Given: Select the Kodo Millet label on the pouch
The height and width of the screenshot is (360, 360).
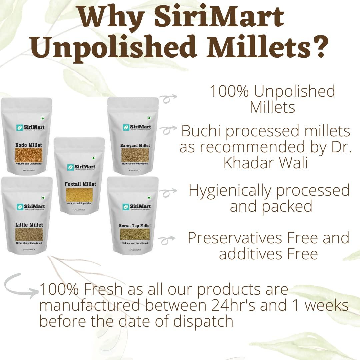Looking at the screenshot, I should coord(29,145).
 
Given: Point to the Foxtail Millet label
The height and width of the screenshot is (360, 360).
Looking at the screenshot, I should coord(80,184).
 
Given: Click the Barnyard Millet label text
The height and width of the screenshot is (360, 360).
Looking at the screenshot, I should coord(135,145).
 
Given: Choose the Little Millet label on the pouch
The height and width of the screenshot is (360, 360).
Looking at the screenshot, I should coord(29,225).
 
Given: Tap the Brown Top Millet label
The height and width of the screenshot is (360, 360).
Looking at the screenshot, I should coord(135,226).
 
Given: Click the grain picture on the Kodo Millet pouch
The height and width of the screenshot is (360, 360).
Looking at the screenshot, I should coord(29,155).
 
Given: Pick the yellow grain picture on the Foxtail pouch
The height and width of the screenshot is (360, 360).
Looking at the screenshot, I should coord(79,195).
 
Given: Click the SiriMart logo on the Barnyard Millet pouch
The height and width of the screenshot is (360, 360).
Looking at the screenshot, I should coord(137,127).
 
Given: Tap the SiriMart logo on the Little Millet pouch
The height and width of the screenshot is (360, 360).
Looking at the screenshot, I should coord(30,206).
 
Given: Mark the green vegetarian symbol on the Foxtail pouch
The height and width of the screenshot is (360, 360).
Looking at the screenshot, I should coord(94,158).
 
